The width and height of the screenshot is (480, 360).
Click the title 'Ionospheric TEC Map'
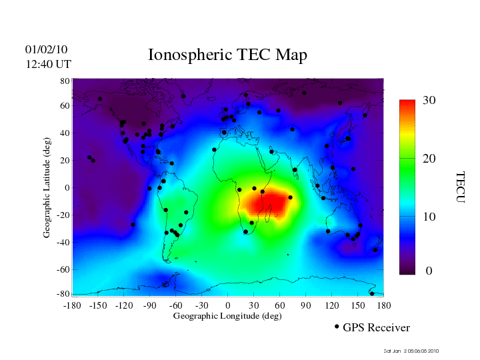click(x=227, y=55)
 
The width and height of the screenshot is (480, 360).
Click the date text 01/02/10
click(x=46, y=50)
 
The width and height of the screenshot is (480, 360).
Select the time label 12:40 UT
click(x=48, y=65)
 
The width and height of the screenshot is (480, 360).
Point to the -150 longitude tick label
click(x=98, y=305)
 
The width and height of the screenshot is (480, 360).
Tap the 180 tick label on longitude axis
click(x=383, y=305)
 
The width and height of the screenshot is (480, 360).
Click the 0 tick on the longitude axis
click(x=228, y=305)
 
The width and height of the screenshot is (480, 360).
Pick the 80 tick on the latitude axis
click(x=65, y=81)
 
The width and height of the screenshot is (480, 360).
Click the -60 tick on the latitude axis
click(x=63, y=269)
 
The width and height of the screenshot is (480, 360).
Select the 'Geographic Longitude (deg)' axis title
click(x=227, y=316)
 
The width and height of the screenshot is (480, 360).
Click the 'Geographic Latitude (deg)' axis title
click(x=47, y=192)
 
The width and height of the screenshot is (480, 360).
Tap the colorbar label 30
click(x=429, y=101)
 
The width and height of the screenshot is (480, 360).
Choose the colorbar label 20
click(x=429, y=159)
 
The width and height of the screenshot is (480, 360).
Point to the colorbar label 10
click(x=429, y=217)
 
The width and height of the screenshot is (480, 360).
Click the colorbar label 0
click(x=429, y=271)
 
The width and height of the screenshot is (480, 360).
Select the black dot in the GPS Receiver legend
click(x=337, y=327)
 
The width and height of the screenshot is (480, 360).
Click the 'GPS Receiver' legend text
click(x=376, y=327)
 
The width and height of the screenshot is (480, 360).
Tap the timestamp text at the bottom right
click(x=411, y=351)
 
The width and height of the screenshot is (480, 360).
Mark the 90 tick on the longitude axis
click(x=306, y=305)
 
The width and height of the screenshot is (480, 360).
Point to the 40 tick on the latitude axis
click(x=65, y=133)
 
